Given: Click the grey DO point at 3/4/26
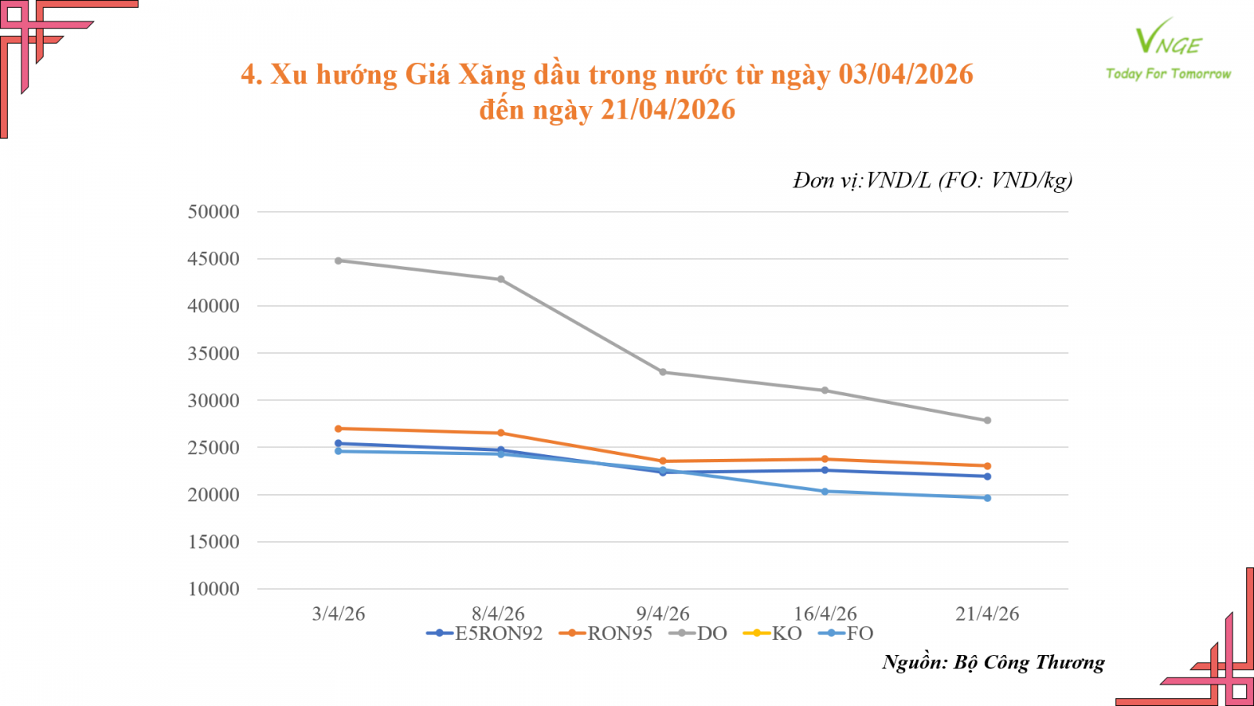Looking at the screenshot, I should coord(339,260).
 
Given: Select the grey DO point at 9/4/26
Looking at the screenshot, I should coord(663,372).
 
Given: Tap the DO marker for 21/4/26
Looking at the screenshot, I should coord(988,420).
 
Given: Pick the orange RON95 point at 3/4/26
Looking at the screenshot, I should coord(339,428).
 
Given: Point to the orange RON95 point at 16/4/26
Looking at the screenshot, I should coord(825,459).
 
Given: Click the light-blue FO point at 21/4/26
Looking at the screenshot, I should coord(988,498).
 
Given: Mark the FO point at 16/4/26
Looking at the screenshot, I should coord(825,491).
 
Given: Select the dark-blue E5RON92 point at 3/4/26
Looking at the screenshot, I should coord(339,443).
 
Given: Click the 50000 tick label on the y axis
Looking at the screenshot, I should coord(213,212).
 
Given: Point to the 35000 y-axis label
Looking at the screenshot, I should coord(213,354).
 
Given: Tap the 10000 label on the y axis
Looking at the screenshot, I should coord(213,589).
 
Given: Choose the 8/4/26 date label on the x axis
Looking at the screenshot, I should coord(498,613).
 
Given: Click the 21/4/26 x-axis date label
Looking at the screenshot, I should coord(988,613).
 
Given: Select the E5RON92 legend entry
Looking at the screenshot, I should coord(485,634).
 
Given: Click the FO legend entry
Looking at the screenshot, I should coord(846,634).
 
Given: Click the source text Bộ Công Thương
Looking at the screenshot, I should coord(1029,663).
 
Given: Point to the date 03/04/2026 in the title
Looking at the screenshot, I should coord(905,75).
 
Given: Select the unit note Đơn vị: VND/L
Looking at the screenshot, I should coord(862,180).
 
